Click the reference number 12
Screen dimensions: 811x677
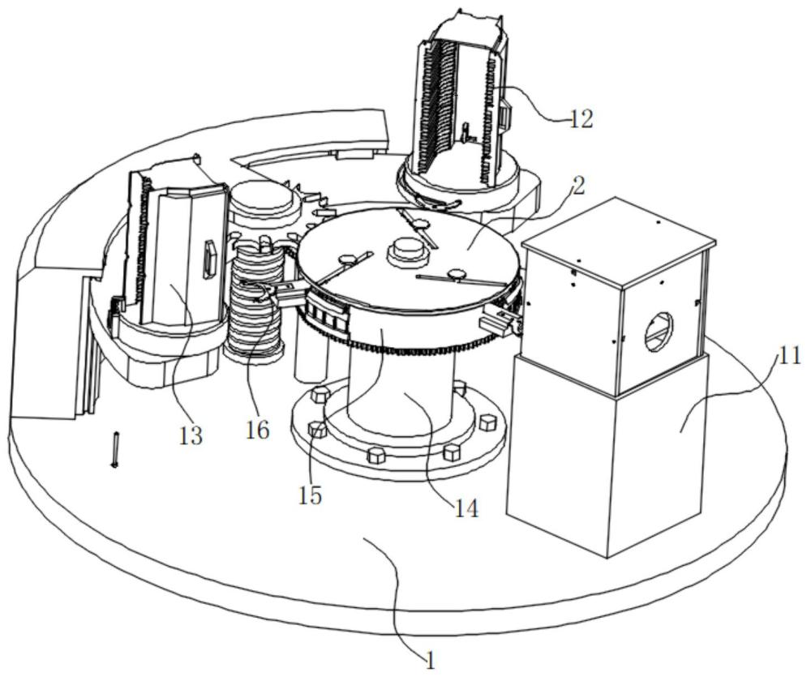[581, 120]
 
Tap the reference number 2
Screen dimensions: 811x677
[578, 186]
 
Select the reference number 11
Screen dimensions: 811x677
[788, 356]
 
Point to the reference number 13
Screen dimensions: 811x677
[191, 436]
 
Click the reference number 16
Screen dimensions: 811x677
[257, 429]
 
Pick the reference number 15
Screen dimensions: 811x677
[310, 495]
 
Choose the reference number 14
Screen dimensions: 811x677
[466, 509]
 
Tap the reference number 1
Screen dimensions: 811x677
[431, 662]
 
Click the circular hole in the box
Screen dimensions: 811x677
[659, 332]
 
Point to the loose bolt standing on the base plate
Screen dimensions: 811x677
[115, 449]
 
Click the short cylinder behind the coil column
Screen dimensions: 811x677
[264, 204]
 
